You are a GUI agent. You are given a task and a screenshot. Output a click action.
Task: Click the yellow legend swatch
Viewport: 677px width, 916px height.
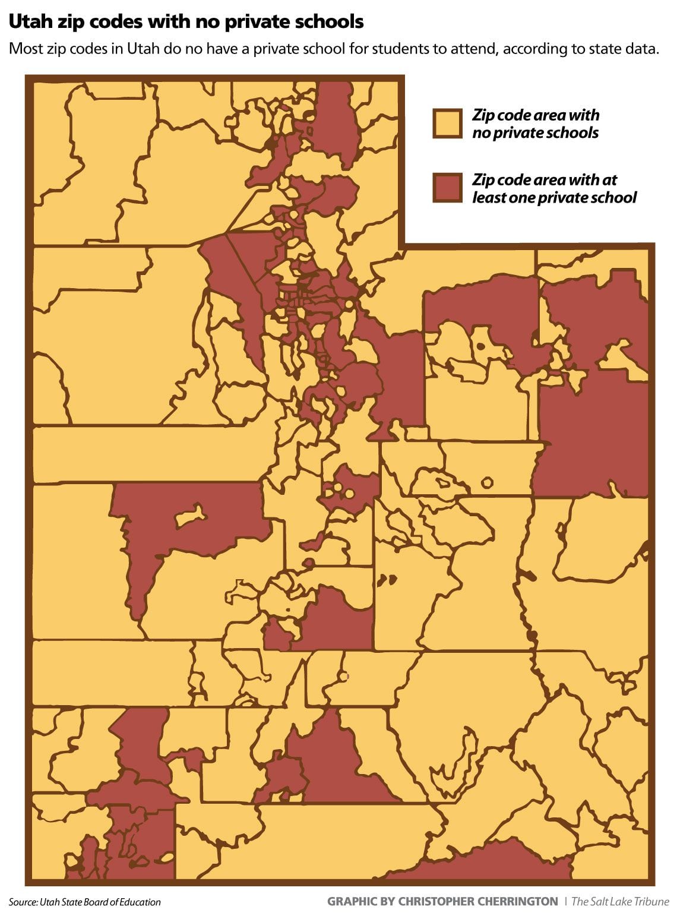tap(447, 124)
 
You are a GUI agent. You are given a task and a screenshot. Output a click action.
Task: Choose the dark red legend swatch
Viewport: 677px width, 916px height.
tap(447, 188)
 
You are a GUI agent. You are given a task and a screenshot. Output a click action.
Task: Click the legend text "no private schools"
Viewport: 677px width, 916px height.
tap(535, 132)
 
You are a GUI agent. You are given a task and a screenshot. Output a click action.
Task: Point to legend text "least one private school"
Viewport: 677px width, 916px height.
tap(553, 197)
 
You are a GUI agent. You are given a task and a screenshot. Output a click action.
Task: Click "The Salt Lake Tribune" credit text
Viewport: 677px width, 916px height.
tap(620, 902)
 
